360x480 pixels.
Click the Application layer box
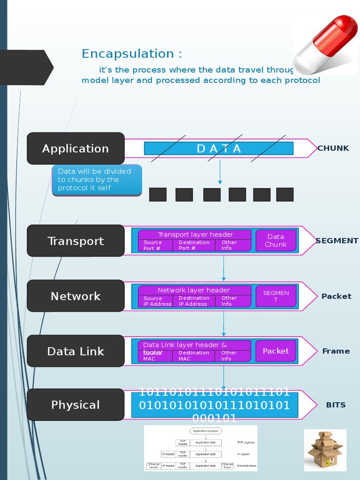click(75, 149)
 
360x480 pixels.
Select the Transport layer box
click(75, 241)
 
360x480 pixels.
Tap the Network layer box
click(75, 296)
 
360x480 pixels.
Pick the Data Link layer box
click(75, 351)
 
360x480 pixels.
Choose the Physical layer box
click(75, 405)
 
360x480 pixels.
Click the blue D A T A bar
click(218, 149)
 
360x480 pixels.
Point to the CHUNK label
click(333, 148)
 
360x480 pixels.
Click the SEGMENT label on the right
click(337, 240)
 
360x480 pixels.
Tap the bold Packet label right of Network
click(336, 296)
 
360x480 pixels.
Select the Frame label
click(336, 351)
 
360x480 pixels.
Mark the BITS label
click(336, 405)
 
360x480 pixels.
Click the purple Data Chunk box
click(276, 240)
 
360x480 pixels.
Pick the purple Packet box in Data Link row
click(276, 351)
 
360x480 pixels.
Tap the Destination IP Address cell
click(194, 301)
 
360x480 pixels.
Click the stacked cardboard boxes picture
click(325, 450)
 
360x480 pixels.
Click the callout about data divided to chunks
click(97, 180)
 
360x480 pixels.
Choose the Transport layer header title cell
click(195, 234)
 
